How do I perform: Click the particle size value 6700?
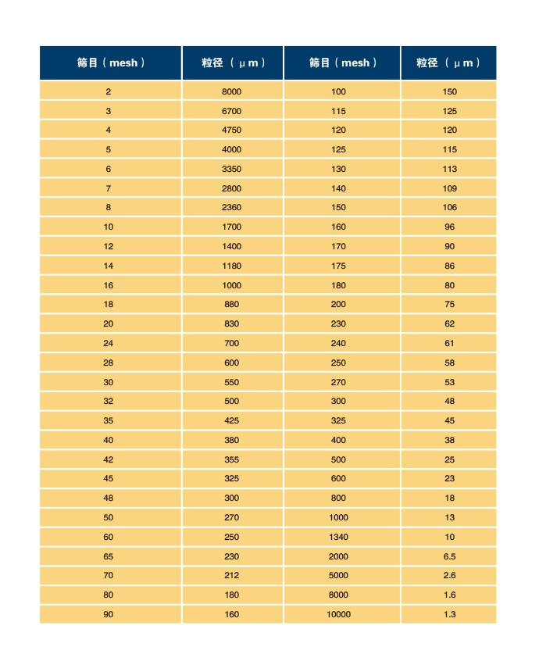coord(232,111)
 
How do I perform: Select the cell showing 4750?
coord(232,130)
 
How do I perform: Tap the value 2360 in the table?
coord(232,207)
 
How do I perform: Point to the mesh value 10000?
coord(338,614)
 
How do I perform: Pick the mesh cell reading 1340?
coord(338,537)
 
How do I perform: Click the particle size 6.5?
coord(449,556)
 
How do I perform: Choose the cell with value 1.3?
coord(449,614)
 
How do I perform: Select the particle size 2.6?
coord(449,575)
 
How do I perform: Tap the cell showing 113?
coord(449,169)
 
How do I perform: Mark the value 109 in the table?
coord(449,188)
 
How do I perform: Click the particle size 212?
coord(232,575)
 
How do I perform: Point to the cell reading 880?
coord(232,304)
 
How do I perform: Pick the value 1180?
coord(232,266)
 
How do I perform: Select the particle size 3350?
coord(232,169)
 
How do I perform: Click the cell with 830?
coord(232,323)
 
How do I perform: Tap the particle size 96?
coord(449,227)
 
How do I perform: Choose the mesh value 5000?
coord(338,575)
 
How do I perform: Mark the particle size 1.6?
coord(449,595)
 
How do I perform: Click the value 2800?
coord(232,188)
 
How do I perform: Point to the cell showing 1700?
coord(232,227)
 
